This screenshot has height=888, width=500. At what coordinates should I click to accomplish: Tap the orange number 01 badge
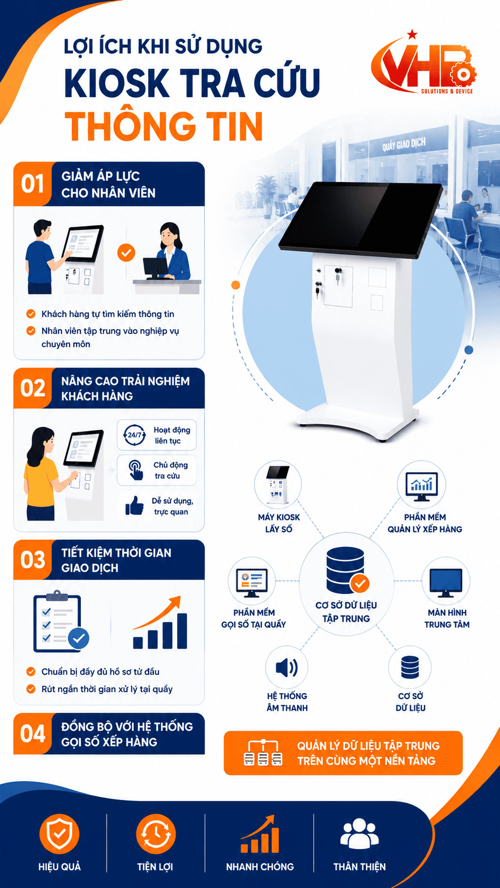tap(32, 184)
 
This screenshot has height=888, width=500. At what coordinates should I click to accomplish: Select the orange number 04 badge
tap(32, 734)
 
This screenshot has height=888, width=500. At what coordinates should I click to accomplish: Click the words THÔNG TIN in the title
tap(164, 126)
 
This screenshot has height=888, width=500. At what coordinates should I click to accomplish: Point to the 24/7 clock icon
tap(134, 435)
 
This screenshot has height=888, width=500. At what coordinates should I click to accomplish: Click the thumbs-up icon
tap(134, 506)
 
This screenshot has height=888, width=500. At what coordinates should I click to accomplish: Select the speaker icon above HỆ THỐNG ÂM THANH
tap(287, 668)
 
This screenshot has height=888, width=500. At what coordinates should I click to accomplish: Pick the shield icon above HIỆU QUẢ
tap(60, 833)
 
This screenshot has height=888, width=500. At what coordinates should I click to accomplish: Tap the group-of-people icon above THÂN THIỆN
tap(359, 833)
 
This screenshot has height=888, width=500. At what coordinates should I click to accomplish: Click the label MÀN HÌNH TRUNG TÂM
tap(447, 618)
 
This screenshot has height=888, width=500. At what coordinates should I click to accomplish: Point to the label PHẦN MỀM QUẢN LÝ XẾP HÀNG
tap(425, 523)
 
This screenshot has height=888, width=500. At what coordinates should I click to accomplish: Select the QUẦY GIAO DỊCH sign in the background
tap(404, 144)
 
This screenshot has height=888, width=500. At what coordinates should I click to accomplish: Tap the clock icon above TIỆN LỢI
tap(156, 833)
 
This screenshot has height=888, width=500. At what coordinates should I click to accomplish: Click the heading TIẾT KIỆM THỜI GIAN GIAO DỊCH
tap(116, 560)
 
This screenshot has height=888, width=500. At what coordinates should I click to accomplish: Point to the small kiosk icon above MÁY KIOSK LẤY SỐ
tap(277, 484)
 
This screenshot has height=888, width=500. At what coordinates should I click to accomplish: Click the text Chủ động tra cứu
tap(171, 470)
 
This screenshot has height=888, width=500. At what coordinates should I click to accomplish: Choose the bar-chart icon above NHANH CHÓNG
tap(260, 833)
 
